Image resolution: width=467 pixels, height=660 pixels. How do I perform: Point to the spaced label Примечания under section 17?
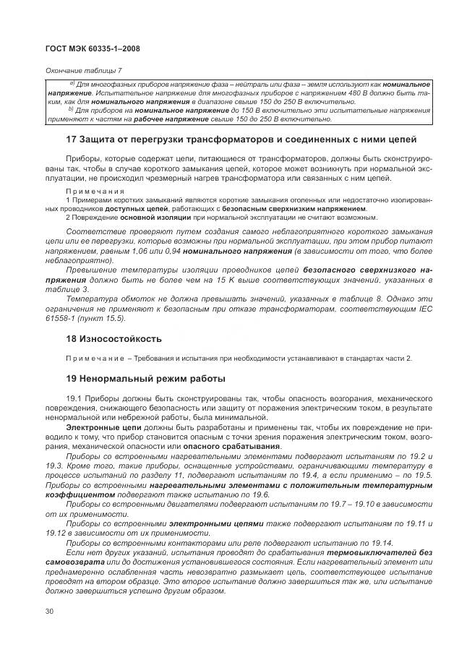(90, 191)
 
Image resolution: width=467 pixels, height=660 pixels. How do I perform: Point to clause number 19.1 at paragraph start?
(74, 398)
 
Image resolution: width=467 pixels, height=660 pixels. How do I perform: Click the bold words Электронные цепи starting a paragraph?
(97, 428)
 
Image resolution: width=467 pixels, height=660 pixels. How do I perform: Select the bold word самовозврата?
(74, 562)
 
